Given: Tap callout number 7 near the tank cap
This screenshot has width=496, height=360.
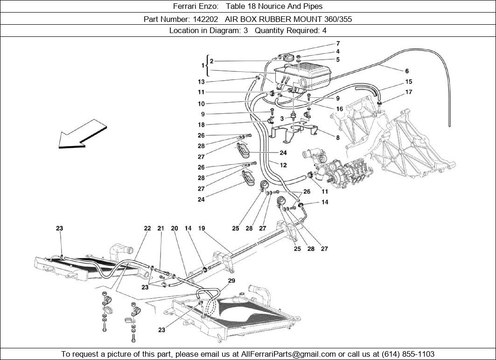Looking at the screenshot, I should (x=338, y=44).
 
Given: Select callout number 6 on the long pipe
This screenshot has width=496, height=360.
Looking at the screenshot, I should (x=407, y=71).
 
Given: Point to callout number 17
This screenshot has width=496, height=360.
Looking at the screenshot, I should (x=409, y=92).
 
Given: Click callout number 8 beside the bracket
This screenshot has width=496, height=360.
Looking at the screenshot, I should (x=338, y=138).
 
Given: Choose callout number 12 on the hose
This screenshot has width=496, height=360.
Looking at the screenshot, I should (x=283, y=165).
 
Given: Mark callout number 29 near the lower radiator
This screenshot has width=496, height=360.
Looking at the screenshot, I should (x=231, y=280).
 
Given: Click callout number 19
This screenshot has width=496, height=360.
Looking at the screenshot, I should (x=202, y=228).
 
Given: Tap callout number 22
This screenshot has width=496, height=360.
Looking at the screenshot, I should (x=147, y=228).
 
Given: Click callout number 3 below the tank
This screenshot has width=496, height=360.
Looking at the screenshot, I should (x=282, y=118).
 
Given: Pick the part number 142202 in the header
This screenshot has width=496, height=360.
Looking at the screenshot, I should (x=206, y=19).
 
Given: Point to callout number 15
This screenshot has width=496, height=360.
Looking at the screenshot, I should (x=409, y=82).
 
